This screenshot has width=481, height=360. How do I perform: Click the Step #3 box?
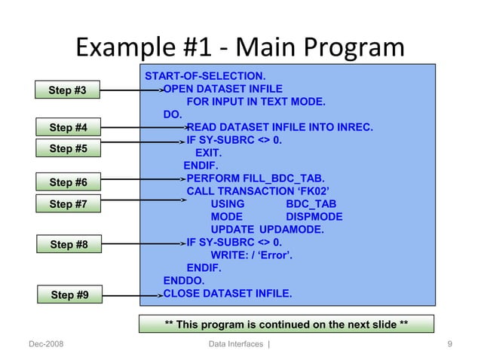[68, 91]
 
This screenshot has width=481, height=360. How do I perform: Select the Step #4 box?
[68, 127]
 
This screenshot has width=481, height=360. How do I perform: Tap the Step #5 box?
[68, 148]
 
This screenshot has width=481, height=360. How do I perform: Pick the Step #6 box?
[68, 182]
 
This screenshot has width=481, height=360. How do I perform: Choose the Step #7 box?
[68, 204]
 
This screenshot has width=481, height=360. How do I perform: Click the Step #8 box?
[69, 244]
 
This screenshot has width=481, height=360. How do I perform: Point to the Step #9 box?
[69, 294]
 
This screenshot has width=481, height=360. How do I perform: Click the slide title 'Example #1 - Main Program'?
[240, 49]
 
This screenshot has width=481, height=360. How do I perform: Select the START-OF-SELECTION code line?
[204, 76]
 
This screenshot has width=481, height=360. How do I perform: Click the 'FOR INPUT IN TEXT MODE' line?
[256, 102]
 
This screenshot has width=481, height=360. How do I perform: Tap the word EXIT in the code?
[208, 153]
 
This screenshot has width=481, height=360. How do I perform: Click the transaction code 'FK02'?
[317, 191]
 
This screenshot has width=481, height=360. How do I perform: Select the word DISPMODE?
[314, 217]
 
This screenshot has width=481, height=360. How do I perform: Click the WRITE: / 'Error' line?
[251, 255]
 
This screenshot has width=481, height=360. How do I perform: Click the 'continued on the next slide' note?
[286, 325]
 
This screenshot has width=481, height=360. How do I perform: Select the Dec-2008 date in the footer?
[45, 344]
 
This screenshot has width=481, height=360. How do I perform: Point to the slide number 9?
[449, 344]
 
